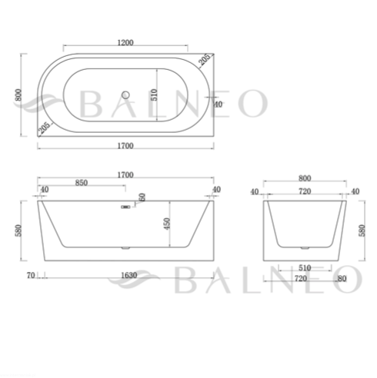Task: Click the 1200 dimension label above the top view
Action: point(125,42)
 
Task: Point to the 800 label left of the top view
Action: point(18,94)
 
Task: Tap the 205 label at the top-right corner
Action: point(205,59)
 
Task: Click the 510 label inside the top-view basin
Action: point(154,94)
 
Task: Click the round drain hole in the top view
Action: point(125,95)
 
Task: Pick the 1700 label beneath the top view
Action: point(125,146)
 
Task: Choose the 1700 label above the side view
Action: point(125,175)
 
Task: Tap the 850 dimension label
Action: point(82,183)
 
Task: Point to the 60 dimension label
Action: point(142,197)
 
